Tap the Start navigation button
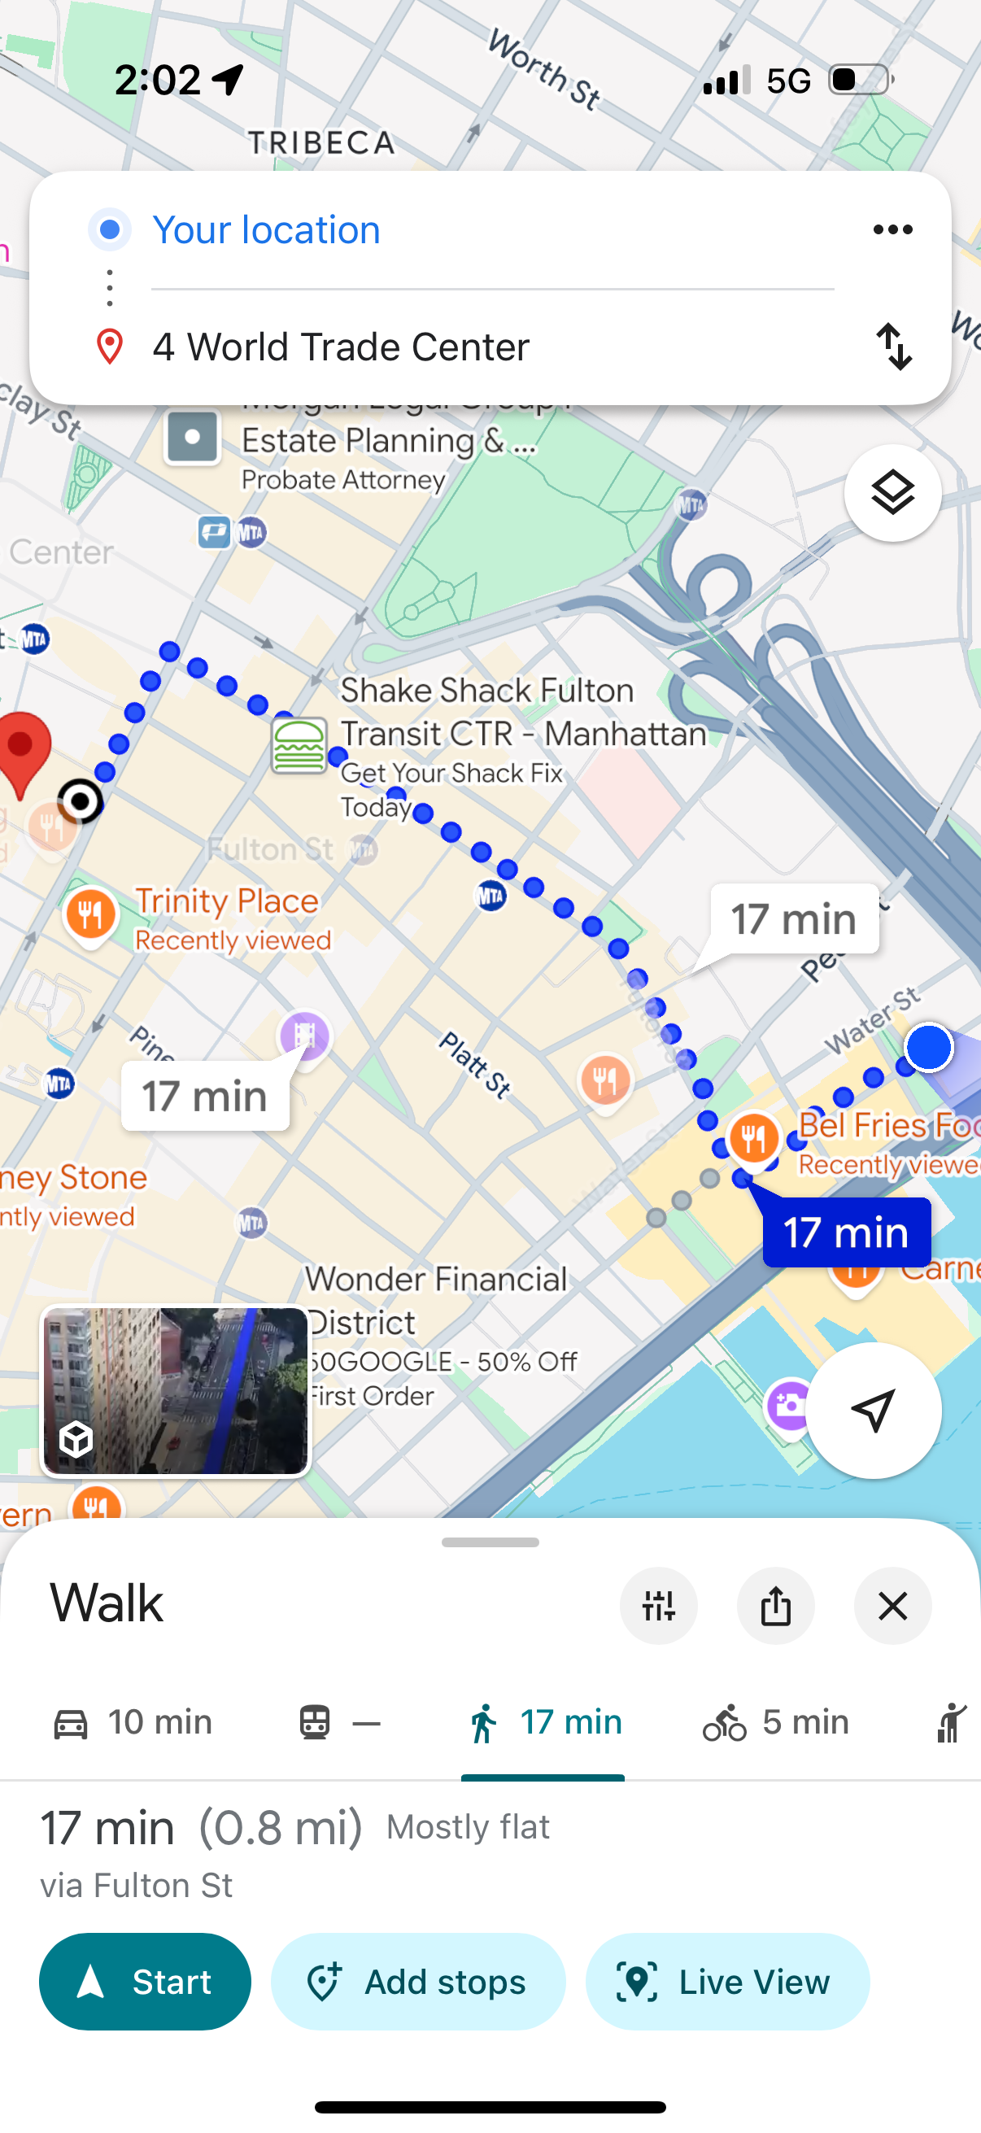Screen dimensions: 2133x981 [x=145, y=1981]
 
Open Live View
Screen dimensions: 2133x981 [x=727, y=1981]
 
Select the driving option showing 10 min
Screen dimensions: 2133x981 [x=133, y=1722]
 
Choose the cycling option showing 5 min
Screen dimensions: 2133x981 [x=776, y=1722]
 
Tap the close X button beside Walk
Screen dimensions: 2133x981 [x=892, y=1606]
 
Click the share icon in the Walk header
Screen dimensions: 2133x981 [x=776, y=1606]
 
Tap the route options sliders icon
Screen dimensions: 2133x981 [x=658, y=1606]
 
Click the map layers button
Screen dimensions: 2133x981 [x=892, y=494]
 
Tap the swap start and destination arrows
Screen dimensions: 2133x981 [x=894, y=346]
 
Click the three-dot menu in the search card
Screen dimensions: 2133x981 [x=892, y=229]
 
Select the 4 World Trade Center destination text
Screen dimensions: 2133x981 [x=340, y=347]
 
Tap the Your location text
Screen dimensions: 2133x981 [x=267, y=229]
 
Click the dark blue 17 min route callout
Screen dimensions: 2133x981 [x=846, y=1232]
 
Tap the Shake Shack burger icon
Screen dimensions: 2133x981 [x=299, y=745]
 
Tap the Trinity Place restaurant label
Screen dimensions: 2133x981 [x=226, y=901]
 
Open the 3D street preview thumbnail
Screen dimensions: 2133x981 [x=176, y=1391]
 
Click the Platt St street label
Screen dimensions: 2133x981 [x=474, y=1064]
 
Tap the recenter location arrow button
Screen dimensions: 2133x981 [x=874, y=1409]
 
